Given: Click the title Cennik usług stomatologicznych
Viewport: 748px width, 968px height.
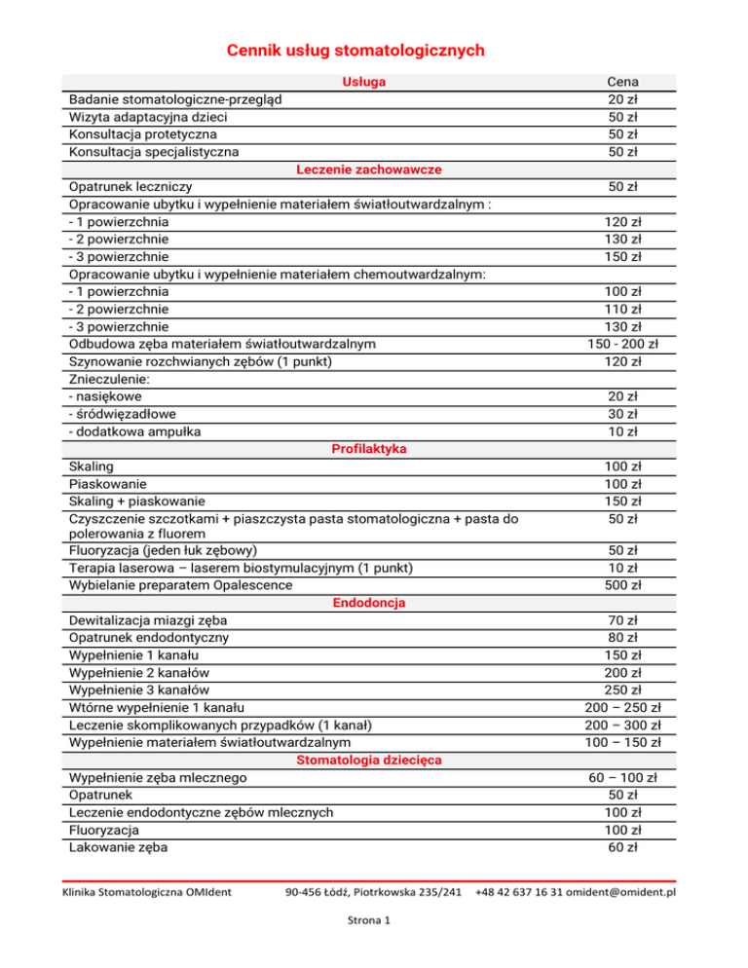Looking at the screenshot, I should (355, 50).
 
